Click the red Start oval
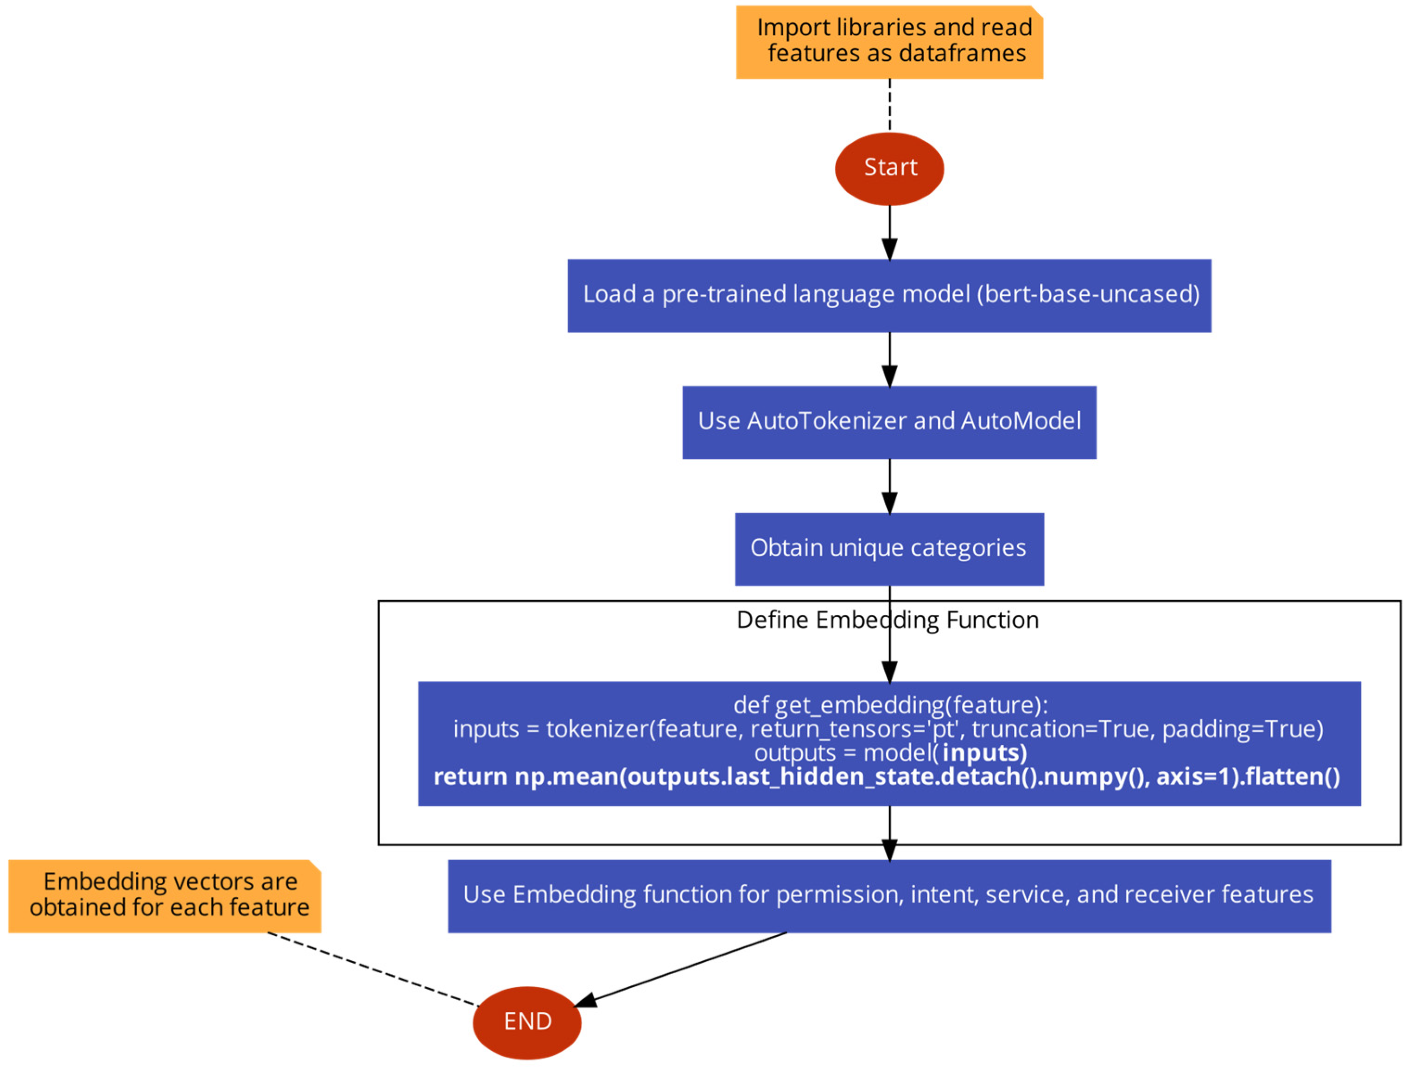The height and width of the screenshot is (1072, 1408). [889, 168]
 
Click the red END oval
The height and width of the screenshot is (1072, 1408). [526, 1023]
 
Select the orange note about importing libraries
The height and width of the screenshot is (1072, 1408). [889, 41]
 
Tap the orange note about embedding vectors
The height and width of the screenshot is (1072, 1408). [164, 895]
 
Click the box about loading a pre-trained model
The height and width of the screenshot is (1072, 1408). [889, 295]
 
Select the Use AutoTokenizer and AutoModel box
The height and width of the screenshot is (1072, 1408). [889, 422]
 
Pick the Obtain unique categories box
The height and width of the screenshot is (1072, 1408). [889, 549]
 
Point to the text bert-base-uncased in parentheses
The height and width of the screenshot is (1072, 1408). [1088, 294]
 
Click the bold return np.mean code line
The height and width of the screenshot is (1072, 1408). [886, 777]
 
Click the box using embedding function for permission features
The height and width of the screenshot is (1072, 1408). [889, 896]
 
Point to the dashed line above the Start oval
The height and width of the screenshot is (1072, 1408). [889, 105]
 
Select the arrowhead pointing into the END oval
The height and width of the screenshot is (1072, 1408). [586, 1002]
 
